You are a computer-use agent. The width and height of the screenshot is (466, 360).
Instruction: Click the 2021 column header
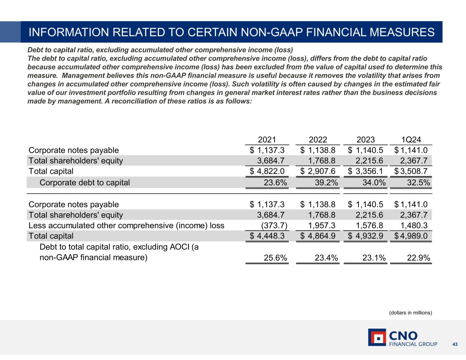267,140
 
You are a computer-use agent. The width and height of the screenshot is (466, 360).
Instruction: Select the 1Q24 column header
411,140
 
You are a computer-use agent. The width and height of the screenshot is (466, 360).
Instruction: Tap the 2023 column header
366,140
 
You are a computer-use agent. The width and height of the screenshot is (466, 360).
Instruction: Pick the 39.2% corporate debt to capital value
326,183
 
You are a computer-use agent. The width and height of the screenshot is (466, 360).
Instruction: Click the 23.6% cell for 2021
276,183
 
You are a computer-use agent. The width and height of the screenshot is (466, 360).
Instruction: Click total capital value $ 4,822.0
267,171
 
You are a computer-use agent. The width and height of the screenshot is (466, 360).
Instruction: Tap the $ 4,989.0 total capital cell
411,236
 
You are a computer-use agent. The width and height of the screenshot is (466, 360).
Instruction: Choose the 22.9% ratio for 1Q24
419,258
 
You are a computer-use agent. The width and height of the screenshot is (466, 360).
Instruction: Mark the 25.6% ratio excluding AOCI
276,258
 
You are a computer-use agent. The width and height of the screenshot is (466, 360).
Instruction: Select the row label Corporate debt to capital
85,183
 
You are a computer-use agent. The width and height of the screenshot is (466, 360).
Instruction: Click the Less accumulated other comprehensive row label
126,226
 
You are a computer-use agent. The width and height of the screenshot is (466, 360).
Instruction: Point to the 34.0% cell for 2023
374,183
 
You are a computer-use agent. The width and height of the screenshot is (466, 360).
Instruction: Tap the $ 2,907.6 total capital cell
318,171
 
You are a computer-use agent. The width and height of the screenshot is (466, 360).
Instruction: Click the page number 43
455,345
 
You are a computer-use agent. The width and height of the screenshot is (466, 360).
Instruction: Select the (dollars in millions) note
411,313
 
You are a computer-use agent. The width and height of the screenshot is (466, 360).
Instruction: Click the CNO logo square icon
377,337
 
